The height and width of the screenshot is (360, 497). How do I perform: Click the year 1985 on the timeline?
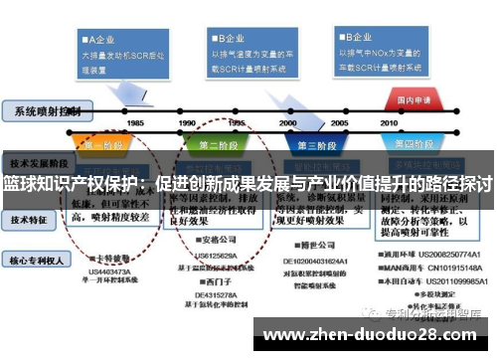tap(135, 122)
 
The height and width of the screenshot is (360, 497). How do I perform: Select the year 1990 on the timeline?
tap(186, 122)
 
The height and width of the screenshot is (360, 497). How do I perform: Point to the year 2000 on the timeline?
tap(288, 122)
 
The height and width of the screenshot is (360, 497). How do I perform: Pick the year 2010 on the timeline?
tap(390, 122)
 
